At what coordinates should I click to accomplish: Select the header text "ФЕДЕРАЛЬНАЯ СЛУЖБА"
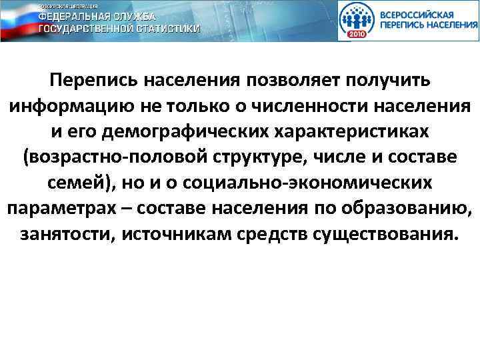coord(97,17)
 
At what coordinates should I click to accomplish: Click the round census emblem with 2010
coord(358,21)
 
